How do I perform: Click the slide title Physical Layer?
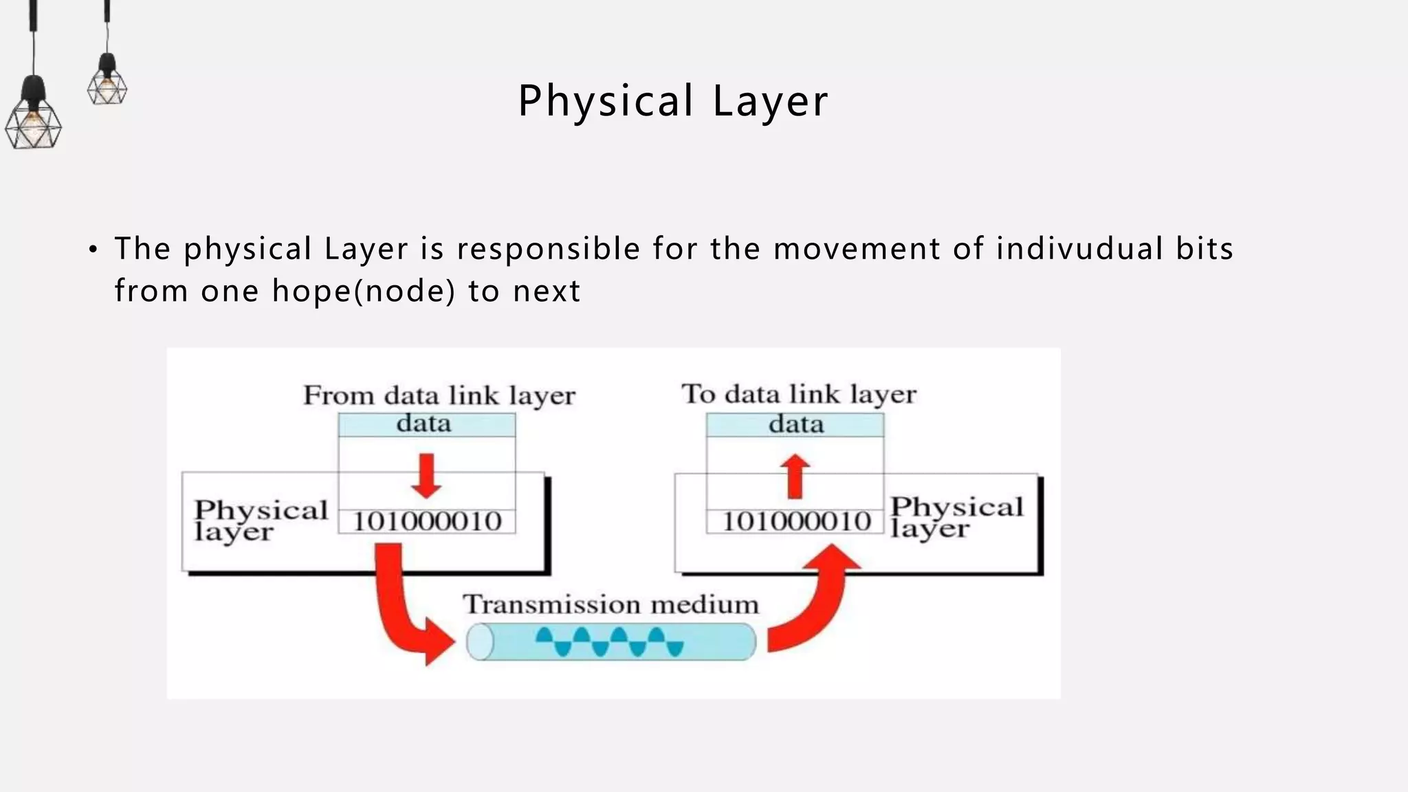[673, 101]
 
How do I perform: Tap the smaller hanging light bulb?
[107, 83]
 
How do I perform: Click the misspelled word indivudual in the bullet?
[1079, 249]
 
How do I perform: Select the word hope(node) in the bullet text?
[364, 291]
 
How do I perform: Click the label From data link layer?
[439, 396]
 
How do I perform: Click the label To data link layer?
[799, 395]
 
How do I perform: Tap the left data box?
[426, 424]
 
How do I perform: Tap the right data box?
[795, 424]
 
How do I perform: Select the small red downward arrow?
[426, 476]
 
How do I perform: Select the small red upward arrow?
[795, 476]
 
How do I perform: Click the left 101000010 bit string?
[427, 522]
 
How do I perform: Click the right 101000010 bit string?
[796, 522]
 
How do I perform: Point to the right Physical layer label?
[956, 517]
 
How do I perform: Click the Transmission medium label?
[611, 605]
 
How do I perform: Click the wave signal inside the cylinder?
[609, 641]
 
